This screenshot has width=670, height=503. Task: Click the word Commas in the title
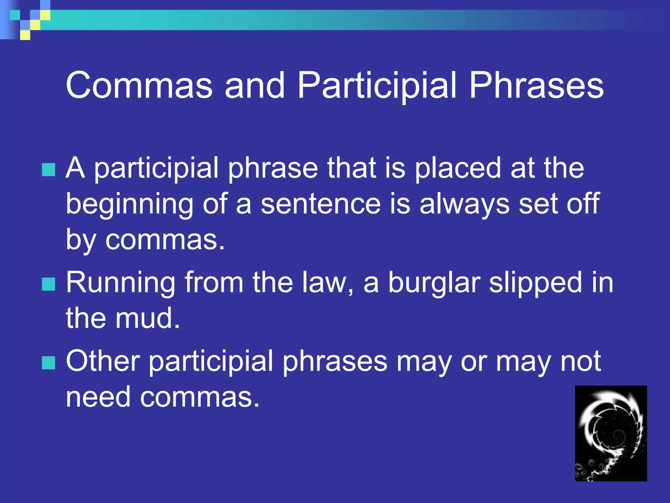coord(139,86)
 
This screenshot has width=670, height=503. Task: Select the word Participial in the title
coord(376,86)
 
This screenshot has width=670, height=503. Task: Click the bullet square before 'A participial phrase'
coord(49,170)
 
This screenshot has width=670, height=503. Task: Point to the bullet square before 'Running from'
coord(49,284)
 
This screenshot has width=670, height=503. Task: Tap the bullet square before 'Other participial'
coord(49,363)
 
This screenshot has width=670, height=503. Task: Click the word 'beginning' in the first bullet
coord(130,205)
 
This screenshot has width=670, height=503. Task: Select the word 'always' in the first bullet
coord(464,205)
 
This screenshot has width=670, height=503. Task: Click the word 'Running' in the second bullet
coord(121,283)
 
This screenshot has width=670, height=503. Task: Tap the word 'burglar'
coord(434,283)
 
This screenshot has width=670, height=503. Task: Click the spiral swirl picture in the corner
coord(610,433)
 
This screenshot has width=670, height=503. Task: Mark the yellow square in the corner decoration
coord(25,35)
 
